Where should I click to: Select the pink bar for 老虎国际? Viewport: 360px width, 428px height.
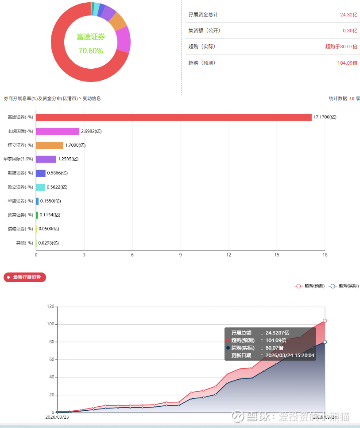coord(58,132)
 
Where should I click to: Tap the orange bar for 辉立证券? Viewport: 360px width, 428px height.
coord(50,145)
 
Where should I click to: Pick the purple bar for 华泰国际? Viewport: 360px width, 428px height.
coord(46,159)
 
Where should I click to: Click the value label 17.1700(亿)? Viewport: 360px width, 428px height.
coord(325,117)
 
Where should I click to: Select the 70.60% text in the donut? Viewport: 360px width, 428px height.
coord(91,51)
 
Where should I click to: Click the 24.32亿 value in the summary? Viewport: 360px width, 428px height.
coord(348,15)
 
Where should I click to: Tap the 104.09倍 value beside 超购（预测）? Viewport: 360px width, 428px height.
coord(347,63)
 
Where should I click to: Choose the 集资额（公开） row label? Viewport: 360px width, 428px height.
coord(204,31)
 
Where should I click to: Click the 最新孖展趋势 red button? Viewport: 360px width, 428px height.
coord(25,277)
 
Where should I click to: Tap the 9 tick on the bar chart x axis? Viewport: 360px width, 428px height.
coord(180,255)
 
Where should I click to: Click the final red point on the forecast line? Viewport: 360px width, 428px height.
coord(325,321)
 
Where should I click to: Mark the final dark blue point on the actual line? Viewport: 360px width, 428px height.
coord(325,342)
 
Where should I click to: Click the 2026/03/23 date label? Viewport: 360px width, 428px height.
coord(57,417)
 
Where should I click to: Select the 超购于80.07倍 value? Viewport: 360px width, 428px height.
coord(341,47)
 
